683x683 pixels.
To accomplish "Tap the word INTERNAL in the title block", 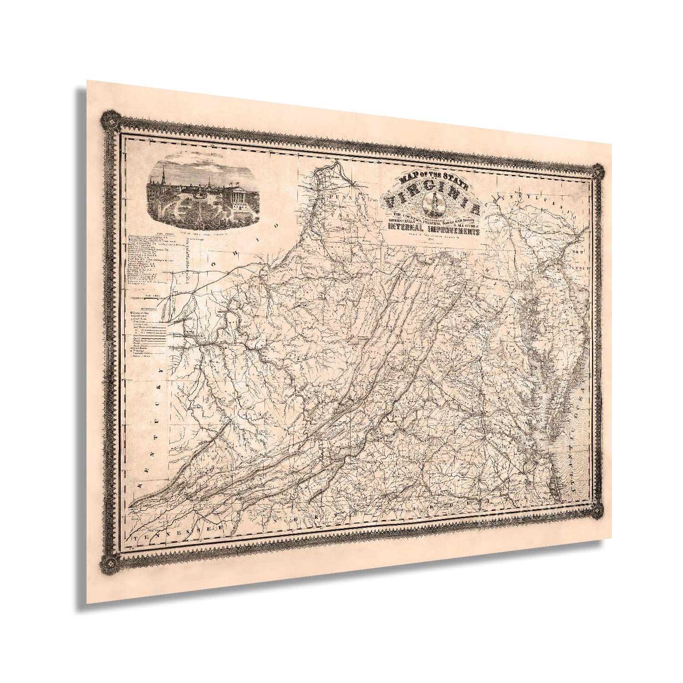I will tap(405, 228).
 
